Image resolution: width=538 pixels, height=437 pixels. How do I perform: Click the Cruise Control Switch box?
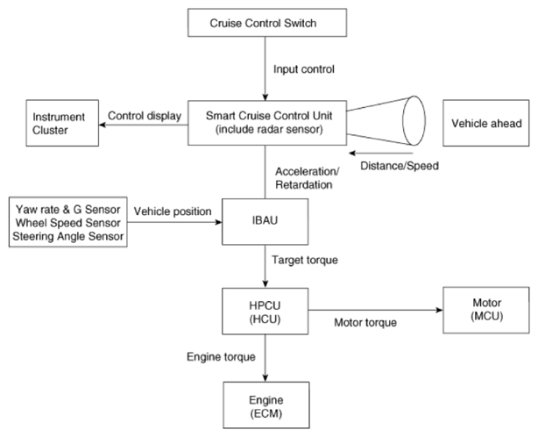pyautogui.click(x=267, y=23)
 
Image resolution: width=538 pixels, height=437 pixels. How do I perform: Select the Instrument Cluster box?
pyautogui.click(x=62, y=123)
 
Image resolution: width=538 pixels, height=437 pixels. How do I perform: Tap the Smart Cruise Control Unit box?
pyautogui.click(x=267, y=123)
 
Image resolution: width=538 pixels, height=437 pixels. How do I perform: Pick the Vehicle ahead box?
pyautogui.click(x=485, y=123)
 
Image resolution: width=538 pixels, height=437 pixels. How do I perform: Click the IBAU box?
pyautogui.click(x=265, y=222)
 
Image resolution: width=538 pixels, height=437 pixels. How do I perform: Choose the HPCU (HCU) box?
pyautogui.click(x=265, y=312)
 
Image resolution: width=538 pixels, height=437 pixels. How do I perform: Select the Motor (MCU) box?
pyautogui.click(x=485, y=311)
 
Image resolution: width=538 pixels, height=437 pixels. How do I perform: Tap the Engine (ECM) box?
pyautogui.click(x=266, y=405)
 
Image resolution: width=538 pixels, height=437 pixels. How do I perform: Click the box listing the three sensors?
pyautogui.click(x=68, y=222)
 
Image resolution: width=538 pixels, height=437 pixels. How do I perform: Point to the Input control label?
pyautogui.click(x=304, y=69)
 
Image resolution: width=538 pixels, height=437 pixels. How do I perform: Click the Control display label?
pyautogui.click(x=145, y=116)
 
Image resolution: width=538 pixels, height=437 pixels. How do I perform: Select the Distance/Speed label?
pyautogui.click(x=400, y=166)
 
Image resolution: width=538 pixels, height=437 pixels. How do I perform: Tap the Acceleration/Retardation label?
pyautogui.click(x=307, y=178)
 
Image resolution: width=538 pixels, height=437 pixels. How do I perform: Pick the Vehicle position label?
pyautogui.click(x=173, y=211)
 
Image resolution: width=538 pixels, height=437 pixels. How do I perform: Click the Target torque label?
pyautogui.click(x=305, y=260)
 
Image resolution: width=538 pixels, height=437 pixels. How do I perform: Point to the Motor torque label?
pyautogui.click(x=365, y=323)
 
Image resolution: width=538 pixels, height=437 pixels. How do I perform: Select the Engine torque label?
pyautogui.click(x=221, y=357)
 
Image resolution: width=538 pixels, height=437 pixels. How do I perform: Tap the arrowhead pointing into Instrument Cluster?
pyautogui.click(x=102, y=125)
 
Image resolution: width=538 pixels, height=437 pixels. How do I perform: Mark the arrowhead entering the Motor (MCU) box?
pyautogui.click(x=440, y=310)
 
